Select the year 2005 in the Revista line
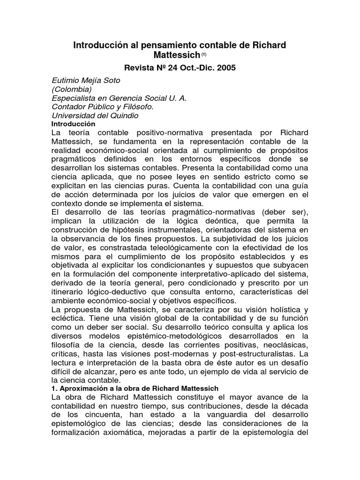click(x=224, y=67)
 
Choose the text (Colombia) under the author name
click(x=71, y=89)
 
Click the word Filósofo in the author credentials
click(x=128, y=107)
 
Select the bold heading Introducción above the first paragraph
click(x=73, y=124)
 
